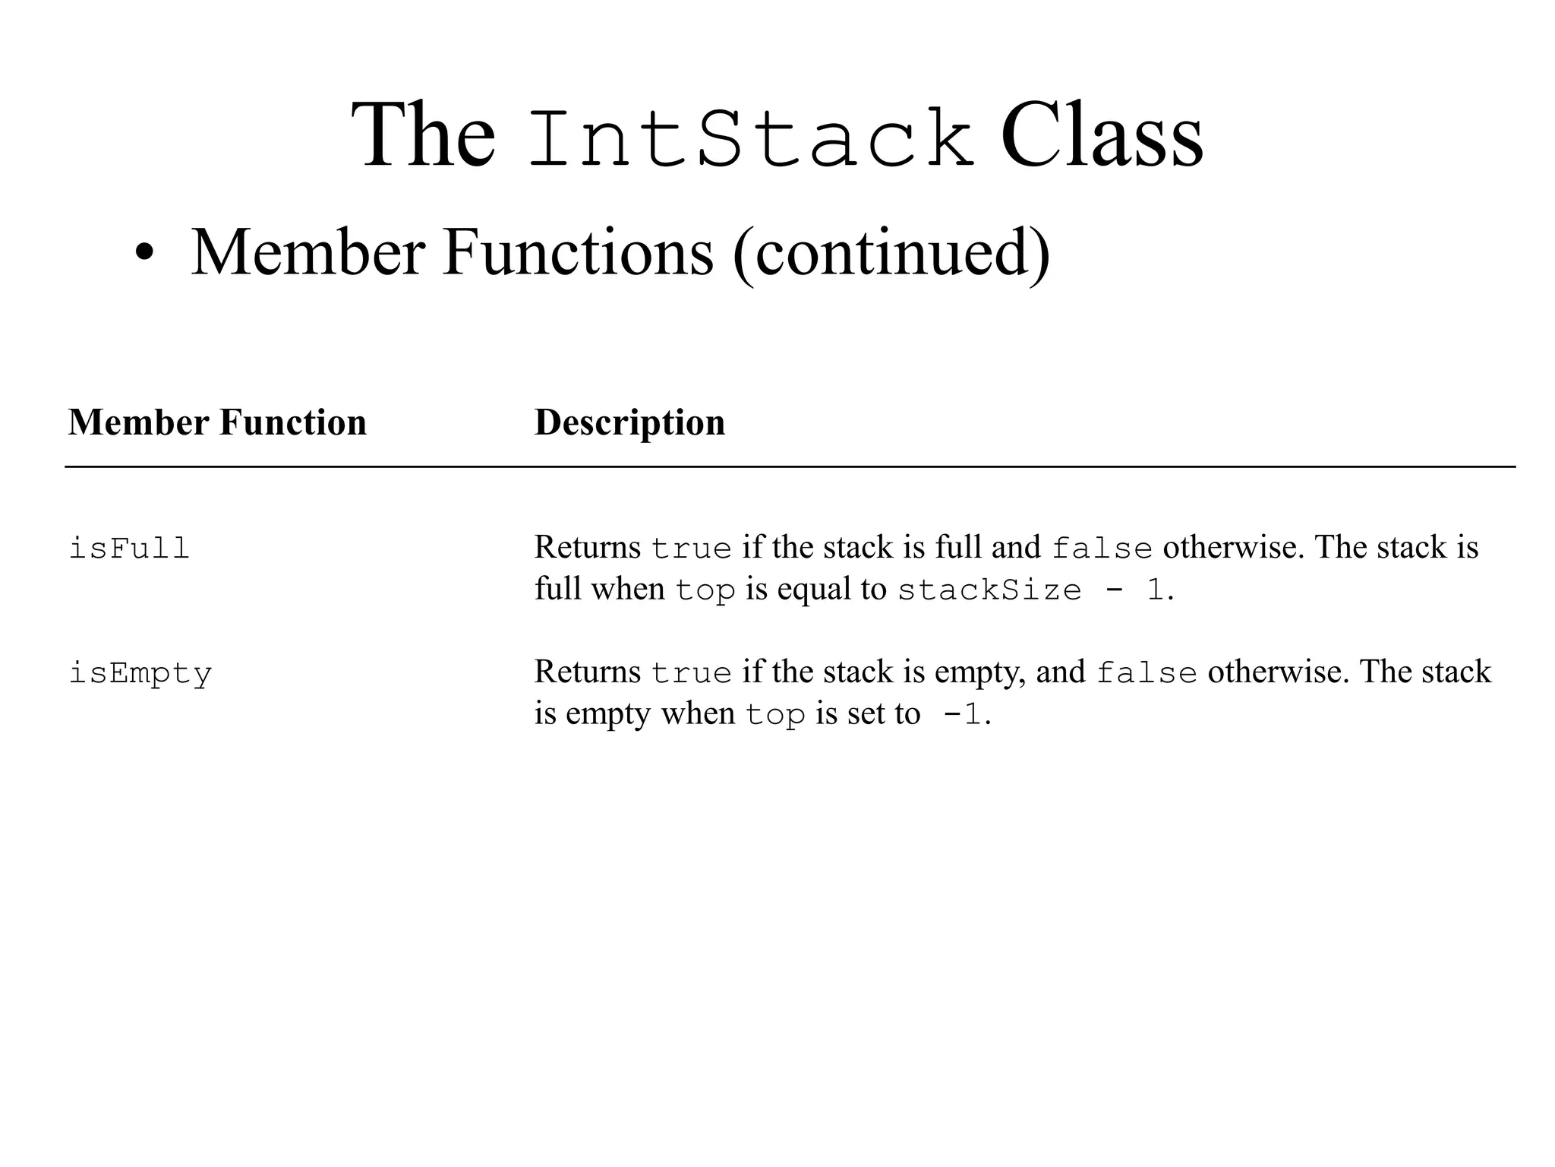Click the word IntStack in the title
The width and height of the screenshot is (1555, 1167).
coord(750,138)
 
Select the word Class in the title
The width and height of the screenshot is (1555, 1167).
coord(1101,137)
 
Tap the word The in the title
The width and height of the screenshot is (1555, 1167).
coord(423,137)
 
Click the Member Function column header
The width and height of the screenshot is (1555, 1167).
coord(217,422)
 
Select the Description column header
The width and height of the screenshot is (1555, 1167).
coord(629,422)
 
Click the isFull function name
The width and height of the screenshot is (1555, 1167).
coord(129,548)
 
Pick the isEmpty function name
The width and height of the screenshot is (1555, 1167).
coord(140,674)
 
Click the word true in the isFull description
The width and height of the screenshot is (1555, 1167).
coord(691,549)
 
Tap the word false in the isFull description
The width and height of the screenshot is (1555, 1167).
coord(1102,549)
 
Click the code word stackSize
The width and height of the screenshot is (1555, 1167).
coord(989,590)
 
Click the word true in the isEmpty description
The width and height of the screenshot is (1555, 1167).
coord(691,673)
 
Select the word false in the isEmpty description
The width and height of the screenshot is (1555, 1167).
coord(1147,673)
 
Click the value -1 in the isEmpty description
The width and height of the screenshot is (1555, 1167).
coord(962,715)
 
